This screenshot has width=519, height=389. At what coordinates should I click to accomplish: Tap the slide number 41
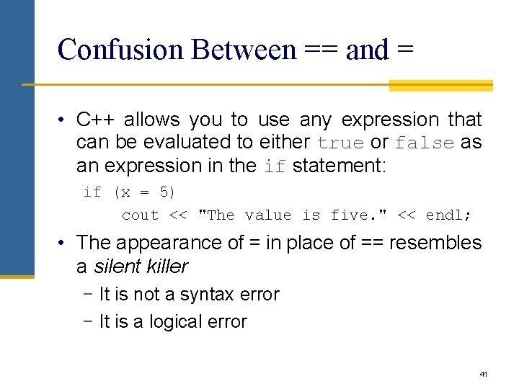pos(483,375)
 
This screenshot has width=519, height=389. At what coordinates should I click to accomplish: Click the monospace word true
pos(340,143)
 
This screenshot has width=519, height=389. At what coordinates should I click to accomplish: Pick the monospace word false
pos(425,143)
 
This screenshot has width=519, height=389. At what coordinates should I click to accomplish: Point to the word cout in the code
pos(140,215)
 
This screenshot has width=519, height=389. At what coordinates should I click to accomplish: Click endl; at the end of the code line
pos(448,215)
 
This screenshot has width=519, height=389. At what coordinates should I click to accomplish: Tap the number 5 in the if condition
pos(164,192)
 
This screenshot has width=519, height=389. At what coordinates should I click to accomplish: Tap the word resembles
pos(435,243)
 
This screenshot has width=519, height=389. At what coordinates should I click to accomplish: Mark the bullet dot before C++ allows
pos(63,120)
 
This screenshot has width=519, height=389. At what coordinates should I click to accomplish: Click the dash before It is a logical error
pos(89,321)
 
